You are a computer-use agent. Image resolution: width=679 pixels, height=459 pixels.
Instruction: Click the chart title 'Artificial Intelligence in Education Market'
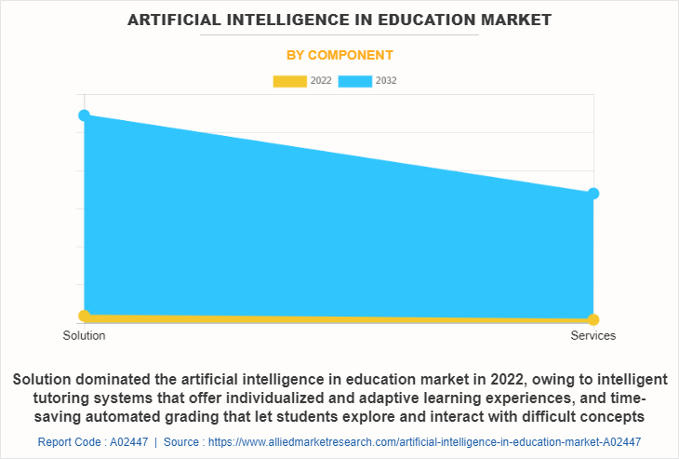(339, 19)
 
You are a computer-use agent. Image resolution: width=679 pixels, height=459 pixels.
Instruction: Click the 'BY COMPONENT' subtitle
(339, 55)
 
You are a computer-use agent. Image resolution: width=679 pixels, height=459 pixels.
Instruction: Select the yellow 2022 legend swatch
(289, 81)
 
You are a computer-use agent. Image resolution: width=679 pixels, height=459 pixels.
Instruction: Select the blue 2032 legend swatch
(355, 81)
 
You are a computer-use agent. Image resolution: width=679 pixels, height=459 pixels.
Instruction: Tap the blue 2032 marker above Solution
(85, 115)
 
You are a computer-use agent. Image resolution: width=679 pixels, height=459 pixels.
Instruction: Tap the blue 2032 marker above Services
(593, 194)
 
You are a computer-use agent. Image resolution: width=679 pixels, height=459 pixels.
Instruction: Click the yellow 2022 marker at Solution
(85, 316)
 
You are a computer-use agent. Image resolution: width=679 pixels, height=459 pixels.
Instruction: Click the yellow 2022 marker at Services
(593, 320)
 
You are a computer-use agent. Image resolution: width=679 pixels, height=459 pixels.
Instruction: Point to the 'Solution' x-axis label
(84, 335)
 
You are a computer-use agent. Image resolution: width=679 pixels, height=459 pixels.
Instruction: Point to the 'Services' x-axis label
(593, 335)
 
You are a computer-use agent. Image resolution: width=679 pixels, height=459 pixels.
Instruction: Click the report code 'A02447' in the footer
(125, 441)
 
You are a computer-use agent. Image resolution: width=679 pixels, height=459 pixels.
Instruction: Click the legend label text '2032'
(386, 81)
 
